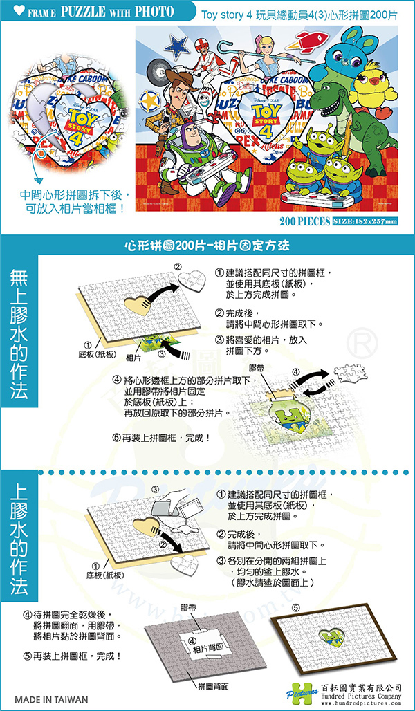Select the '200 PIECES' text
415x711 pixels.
point(306,221)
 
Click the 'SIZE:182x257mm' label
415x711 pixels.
point(365,221)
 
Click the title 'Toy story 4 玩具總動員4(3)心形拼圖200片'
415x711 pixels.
point(299,14)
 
